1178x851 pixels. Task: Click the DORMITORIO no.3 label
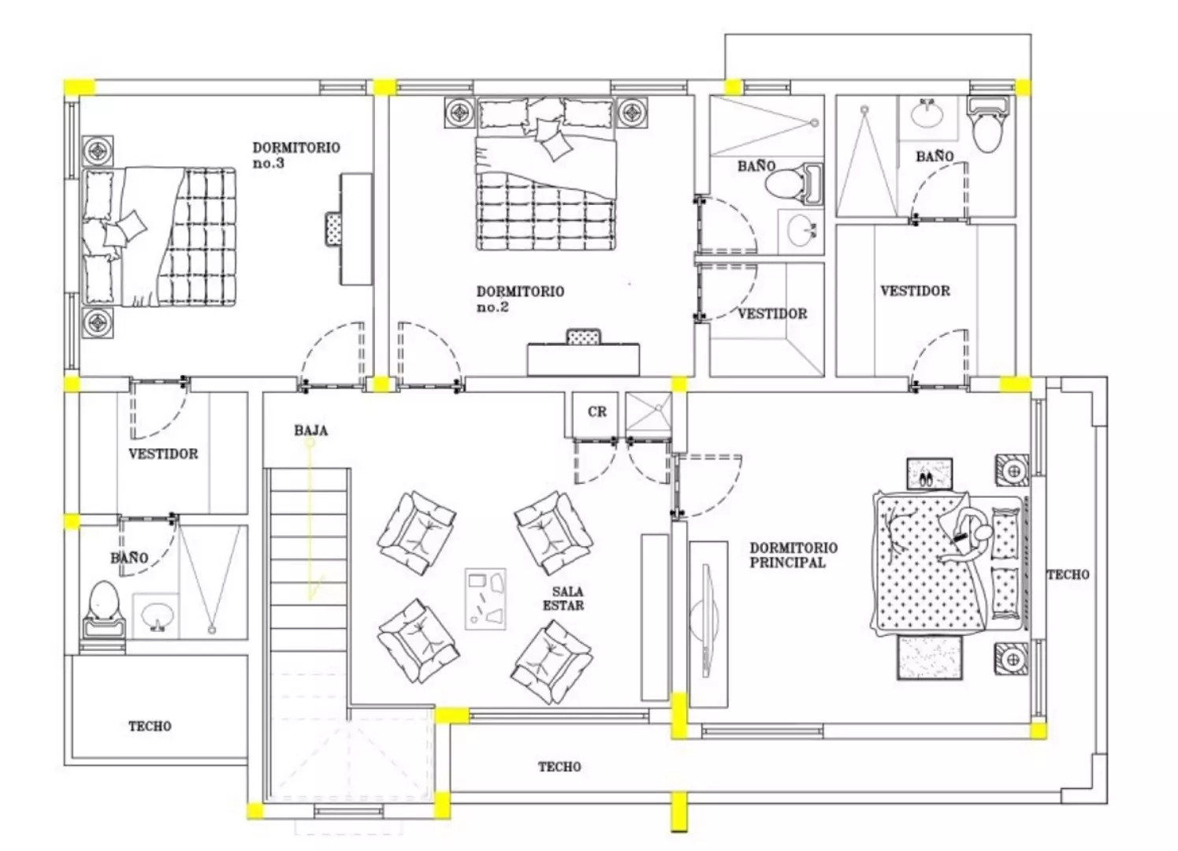[x=296, y=155]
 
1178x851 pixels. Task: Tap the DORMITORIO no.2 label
[x=520, y=299]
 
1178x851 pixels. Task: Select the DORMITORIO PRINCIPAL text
[x=793, y=555]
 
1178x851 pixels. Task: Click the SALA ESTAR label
[x=563, y=599]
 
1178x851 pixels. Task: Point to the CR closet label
[x=597, y=412]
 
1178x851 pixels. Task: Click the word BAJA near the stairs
[x=310, y=431]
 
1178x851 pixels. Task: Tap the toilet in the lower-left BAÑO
[x=103, y=610]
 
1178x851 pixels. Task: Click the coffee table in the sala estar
[x=485, y=599]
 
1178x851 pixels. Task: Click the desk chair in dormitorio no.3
[x=334, y=229]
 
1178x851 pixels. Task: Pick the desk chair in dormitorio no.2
[x=583, y=336]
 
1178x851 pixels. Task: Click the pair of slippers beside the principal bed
[x=927, y=479]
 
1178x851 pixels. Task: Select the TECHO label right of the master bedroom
[x=1068, y=575]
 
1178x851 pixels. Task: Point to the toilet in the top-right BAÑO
[x=989, y=124]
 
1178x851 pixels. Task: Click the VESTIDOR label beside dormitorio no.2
[x=772, y=314]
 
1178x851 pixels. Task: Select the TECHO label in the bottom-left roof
[x=150, y=727]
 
